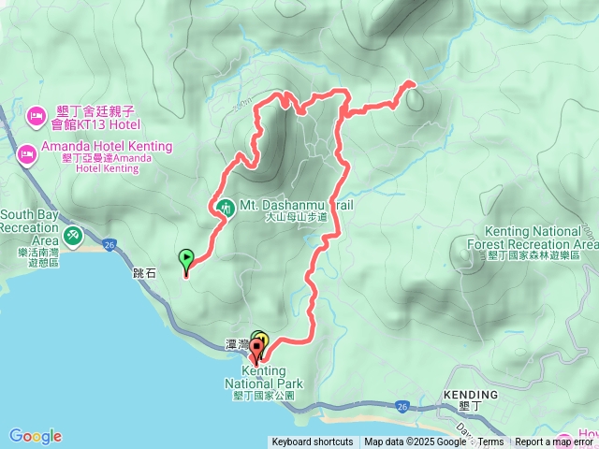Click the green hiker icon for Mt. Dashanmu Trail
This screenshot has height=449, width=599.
225,207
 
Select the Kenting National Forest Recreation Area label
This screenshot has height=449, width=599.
541,238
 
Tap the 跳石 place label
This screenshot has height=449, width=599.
145,274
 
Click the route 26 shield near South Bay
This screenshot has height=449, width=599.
110,245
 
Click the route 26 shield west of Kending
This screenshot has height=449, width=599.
402,406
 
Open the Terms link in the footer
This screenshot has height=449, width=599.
491,442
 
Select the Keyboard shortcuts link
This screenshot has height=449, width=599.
313,442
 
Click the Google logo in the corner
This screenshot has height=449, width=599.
36,436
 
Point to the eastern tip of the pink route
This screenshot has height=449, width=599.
410,85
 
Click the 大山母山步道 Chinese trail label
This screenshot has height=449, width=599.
297,217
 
